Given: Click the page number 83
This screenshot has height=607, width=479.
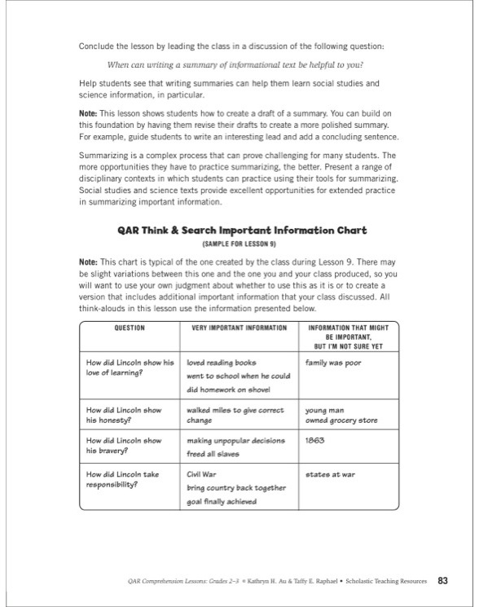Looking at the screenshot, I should (x=443, y=580).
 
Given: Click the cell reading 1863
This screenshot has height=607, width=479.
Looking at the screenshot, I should (x=315, y=440).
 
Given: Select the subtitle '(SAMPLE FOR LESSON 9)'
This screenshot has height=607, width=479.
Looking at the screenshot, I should (x=239, y=244).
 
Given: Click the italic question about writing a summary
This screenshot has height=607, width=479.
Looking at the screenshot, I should (x=239, y=64).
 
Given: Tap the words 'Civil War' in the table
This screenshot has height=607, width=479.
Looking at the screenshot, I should (x=204, y=473).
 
